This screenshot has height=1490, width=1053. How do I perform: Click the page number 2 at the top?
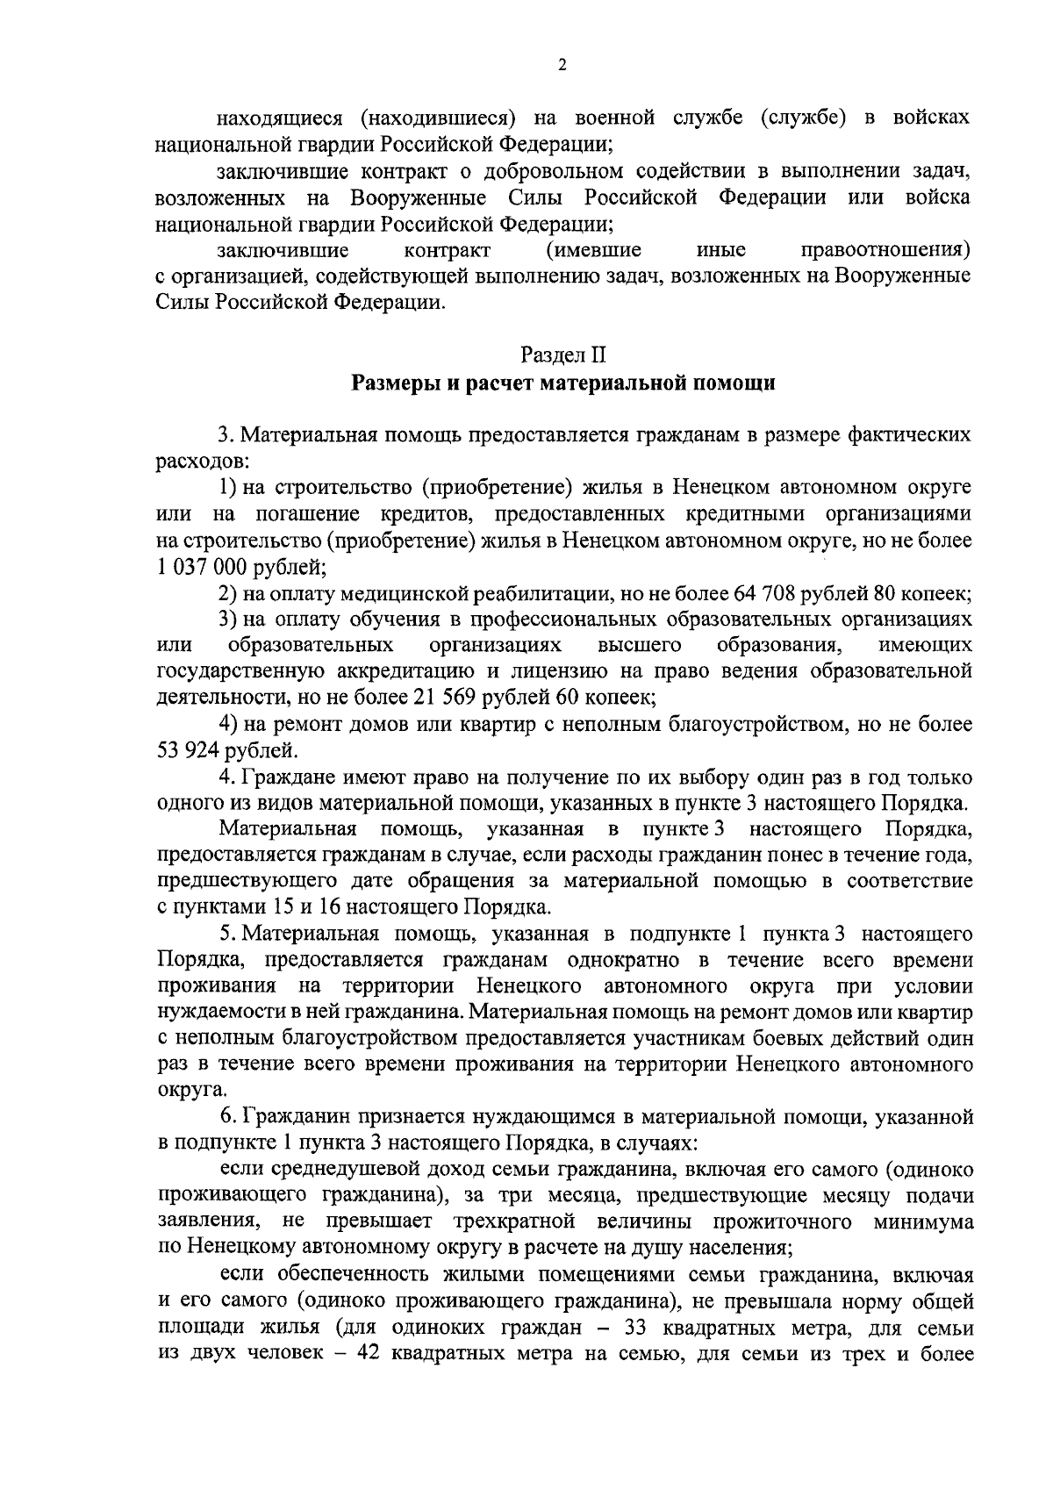(562, 66)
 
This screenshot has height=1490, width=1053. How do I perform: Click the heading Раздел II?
(562, 356)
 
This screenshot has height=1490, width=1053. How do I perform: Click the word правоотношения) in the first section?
(886, 250)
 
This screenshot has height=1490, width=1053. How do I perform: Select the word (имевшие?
(593, 250)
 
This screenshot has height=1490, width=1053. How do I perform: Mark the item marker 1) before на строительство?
(230, 487)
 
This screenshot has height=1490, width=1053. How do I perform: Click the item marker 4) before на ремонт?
(230, 725)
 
